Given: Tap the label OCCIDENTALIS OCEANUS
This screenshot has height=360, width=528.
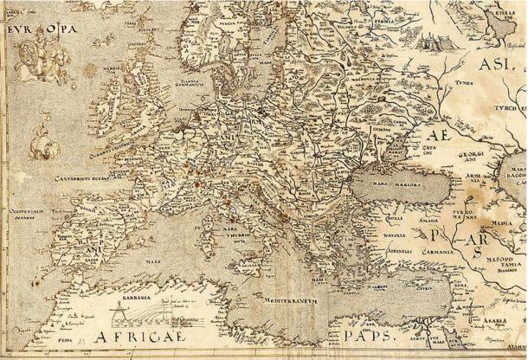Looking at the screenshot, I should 29,215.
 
